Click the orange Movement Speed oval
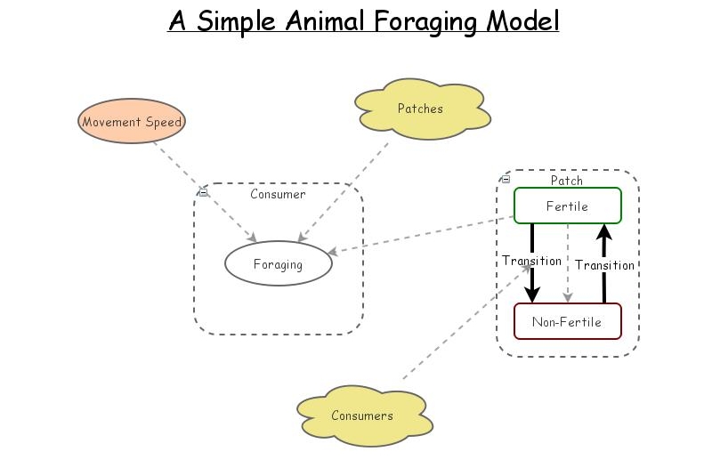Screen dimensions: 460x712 coord(132,122)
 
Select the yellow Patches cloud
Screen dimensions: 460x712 coord(420,109)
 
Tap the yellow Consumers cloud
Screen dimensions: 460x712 coord(361,416)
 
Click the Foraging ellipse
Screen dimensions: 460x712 coord(278,264)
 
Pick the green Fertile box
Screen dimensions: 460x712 coord(567,206)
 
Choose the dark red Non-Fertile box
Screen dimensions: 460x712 coord(567,321)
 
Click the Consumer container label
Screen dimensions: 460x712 coord(278,194)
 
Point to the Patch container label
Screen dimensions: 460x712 coord(567,180)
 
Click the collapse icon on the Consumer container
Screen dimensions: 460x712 coord(203,191)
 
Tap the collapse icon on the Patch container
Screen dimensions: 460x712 coord(506,179)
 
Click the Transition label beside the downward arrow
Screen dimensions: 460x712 coord(531,261)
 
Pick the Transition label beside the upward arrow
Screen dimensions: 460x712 coord(604,265)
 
